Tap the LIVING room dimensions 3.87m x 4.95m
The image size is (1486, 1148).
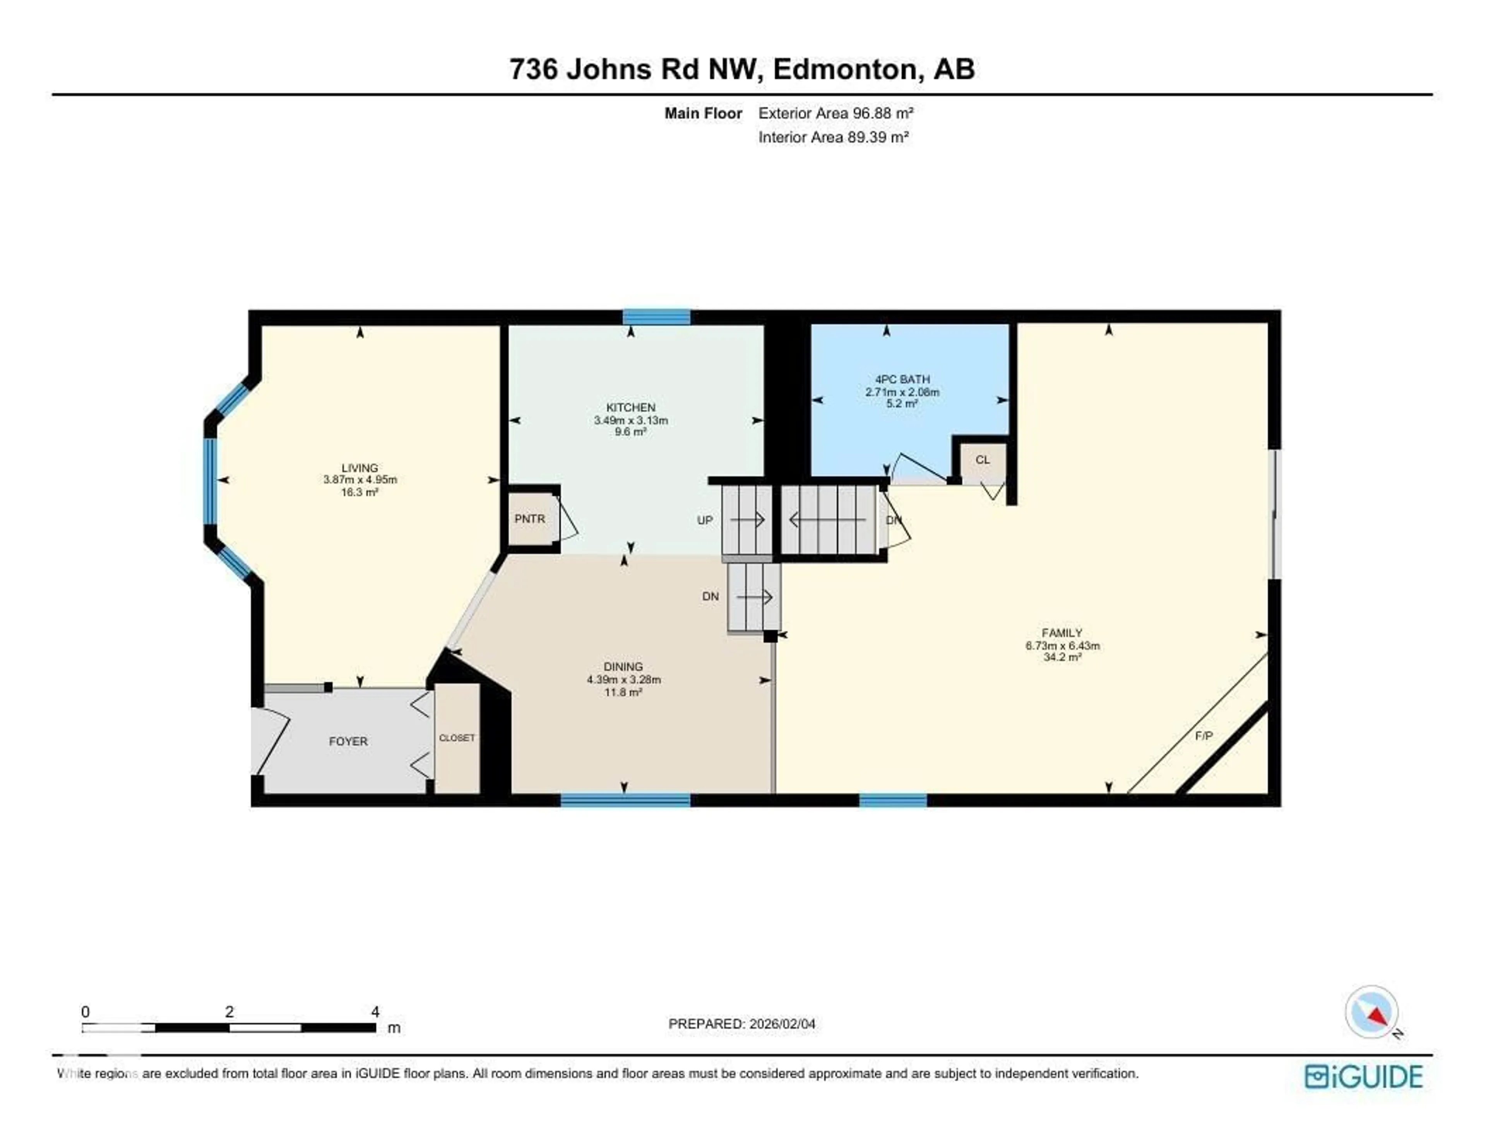pyautogui.click(x=360, y=480)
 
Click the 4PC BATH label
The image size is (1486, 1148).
pyautogui.click(x=902, y=379)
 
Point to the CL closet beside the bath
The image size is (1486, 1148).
pyautogui.click(x=982, y=460)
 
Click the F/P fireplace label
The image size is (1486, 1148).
pyautogui.click(x=1204, y=736)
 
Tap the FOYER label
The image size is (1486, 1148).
pyautogui.click(x=348, y=741)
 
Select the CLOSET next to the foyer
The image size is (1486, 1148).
pyautogui.click(x=457, y=738)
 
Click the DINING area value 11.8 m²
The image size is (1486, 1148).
pyautogui.click(x=623, y=692)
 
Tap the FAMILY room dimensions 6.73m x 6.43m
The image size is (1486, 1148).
pyautogui.click(x=1062, y=646)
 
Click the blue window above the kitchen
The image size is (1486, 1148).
pyautogui.click(x=657, y=317)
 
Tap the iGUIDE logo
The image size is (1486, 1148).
pyautogui.click(x=1364, y=1076)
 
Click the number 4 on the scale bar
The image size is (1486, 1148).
pyautogui.click(x=375, y=1012)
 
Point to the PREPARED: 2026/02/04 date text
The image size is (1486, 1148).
pyautogui.click(x=741, y=1023)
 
